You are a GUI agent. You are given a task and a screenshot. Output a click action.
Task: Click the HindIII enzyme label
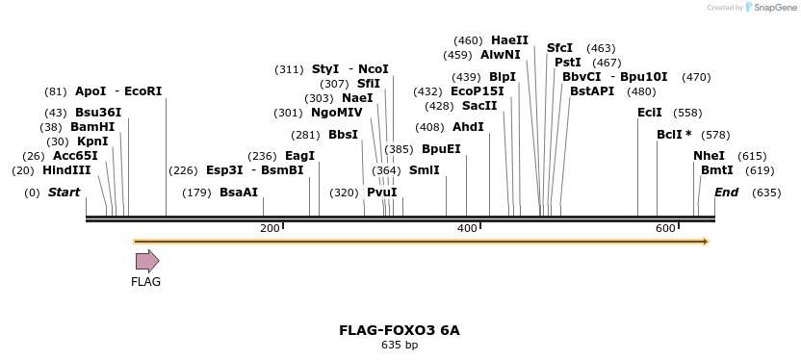(66, 170)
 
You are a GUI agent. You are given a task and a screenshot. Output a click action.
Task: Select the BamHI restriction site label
(92, 126)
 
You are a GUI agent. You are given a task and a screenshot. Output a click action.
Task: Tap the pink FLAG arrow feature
(146, 261)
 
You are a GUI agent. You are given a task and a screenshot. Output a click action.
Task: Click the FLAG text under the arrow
(146, 282)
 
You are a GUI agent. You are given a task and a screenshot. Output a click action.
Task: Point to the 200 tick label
(270, 228)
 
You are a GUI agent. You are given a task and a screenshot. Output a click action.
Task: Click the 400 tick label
(467, 228)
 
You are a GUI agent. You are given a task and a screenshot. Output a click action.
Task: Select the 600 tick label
(665, 228)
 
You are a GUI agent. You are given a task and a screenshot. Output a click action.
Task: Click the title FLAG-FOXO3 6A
(400, 330)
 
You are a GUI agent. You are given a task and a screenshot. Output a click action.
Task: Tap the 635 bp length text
(400, 345)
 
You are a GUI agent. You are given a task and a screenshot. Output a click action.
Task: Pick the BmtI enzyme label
(716, 170)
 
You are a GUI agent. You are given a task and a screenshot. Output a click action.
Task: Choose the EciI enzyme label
(650, 113)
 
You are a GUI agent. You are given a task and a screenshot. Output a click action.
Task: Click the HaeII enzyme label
(509, 40)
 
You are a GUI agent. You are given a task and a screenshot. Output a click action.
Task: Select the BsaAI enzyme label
(239, 193)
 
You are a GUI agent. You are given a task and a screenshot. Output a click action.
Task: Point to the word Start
(65, 193)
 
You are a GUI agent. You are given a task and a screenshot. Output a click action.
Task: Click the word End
(726, 193)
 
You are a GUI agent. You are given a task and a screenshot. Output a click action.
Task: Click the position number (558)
(687, 113)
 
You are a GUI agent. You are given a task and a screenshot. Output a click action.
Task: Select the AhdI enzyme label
(468, 127)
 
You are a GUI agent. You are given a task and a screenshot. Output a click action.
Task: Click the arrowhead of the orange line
(707, 241)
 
